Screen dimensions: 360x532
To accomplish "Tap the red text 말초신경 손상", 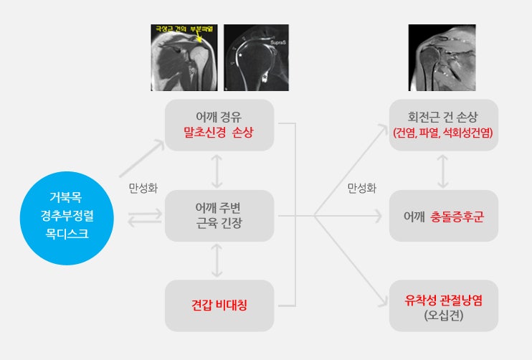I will pyautogui.click(x=219, y=133).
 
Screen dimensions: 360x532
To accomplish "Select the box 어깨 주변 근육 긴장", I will pyautogui.click(x=219, y=215).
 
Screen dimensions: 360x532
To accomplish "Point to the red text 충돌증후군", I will pyautogui.click(x=457, y=216).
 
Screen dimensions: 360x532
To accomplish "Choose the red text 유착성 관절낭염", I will pyautogui.click(x=443, y=299).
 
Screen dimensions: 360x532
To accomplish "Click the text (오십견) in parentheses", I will pyautogui.click(x=443, y=315).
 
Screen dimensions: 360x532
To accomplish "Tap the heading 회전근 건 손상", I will pyautogui.click(x=443, y=117).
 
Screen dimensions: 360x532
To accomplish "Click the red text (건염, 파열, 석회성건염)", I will pyautogui.click(x=443, y=133).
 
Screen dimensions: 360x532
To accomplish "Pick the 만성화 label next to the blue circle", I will pyautogui.click(x=143, y=189).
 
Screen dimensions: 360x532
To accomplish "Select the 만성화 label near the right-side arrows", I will pyautogui.click(x=361, y=189).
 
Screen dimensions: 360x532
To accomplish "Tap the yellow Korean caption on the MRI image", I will pyautogui.click(x=182, y=30).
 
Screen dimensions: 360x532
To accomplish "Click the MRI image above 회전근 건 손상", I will pyautogui.click(x=442, y=57).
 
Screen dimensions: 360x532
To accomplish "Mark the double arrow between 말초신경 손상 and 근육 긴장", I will pyautogui.click(x=219, y=171).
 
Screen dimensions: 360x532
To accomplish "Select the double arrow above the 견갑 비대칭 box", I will pyautogui.click(x=219, y=260).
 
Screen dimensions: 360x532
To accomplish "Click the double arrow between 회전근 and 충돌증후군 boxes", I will pyautogui.click(x=443, y=171).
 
